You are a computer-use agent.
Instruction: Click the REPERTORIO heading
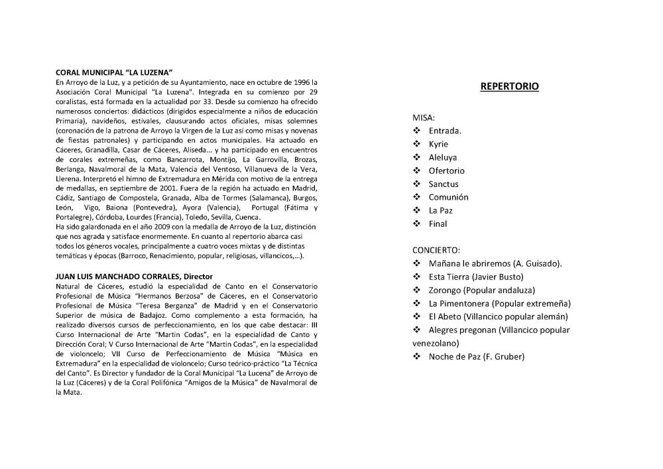pos(509,86)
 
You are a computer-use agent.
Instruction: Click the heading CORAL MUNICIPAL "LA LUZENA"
pos(115,71)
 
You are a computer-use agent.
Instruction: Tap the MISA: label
pos(424,117)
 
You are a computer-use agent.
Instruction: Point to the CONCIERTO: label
pos(436,250)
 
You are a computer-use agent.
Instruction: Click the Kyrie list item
pos(438,144)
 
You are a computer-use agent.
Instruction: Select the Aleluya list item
pos(442,157)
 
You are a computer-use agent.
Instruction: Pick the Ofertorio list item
pos(446,170)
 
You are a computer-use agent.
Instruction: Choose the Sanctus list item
pos(444,184)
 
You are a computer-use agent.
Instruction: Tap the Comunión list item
pos(448,197)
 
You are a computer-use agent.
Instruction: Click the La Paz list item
pos(440,210)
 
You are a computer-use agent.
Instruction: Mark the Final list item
pos(438,224)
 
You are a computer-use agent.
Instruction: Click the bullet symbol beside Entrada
pos(417,131)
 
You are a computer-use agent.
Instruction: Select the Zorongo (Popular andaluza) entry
pos(481,290)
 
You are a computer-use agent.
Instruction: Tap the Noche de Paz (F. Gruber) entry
pos(476,357)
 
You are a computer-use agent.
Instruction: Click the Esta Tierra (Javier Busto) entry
pos(476,277)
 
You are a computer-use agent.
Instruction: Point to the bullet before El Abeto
pos(417,316)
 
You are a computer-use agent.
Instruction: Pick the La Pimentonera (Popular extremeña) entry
pos(499,303)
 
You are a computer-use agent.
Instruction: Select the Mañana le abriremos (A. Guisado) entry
pos(495,263)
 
